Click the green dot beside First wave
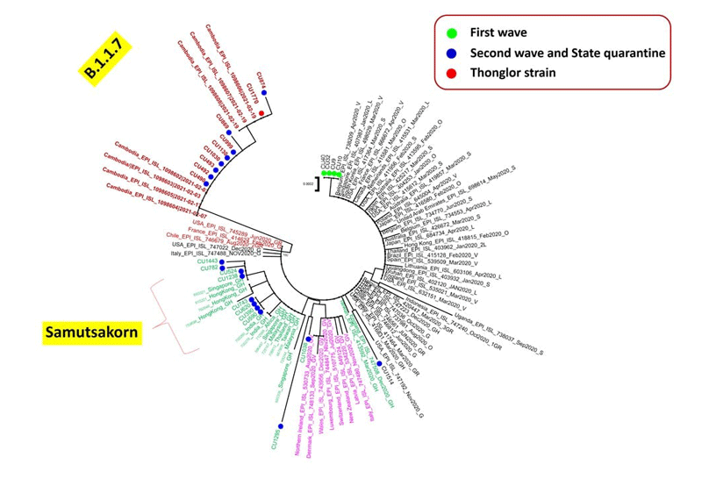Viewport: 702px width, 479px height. click(x=447, y=32)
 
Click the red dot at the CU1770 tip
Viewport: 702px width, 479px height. click(x=261, y=111)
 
